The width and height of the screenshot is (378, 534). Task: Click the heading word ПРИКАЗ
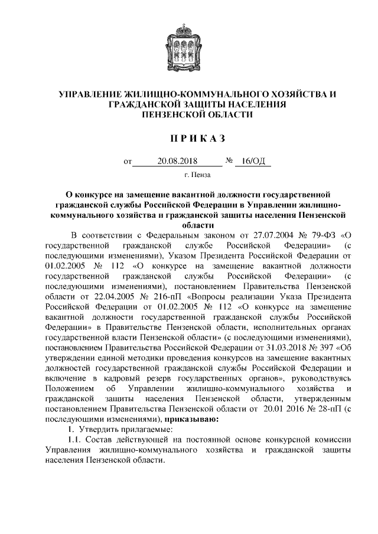(189, 139)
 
